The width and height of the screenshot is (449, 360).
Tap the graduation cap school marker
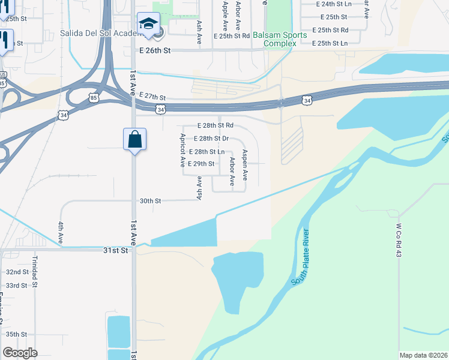coord(148,25)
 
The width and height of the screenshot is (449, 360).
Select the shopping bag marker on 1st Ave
coord(135,140)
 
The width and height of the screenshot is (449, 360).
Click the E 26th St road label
coord(155,51)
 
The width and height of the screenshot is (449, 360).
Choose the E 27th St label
coord(151,97)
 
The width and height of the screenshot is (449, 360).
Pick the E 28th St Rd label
coord(215,126)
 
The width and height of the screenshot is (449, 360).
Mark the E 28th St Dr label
coord(207,139)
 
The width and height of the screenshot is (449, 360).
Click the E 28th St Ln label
coord(206,152)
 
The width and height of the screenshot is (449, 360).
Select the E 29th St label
coord(201,164)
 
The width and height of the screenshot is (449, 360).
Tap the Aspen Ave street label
coord(245,165)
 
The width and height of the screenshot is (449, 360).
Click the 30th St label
coord(150,202)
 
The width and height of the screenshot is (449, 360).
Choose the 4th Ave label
coord(61,232)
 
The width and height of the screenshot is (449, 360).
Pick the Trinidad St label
coord(34,271)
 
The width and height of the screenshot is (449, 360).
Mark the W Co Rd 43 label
coord(398,237)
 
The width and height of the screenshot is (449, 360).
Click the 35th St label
coord(16,334)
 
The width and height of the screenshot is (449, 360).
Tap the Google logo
coord(20,352)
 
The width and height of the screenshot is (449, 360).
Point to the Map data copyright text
coord(423,355)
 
